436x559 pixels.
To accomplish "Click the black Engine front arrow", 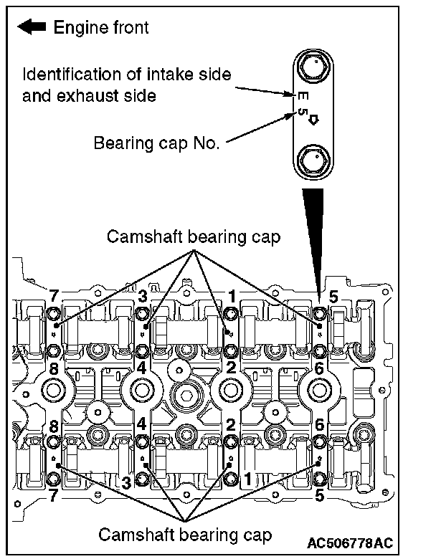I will tap(32, 28).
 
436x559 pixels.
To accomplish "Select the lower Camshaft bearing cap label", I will tap(185, 534).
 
